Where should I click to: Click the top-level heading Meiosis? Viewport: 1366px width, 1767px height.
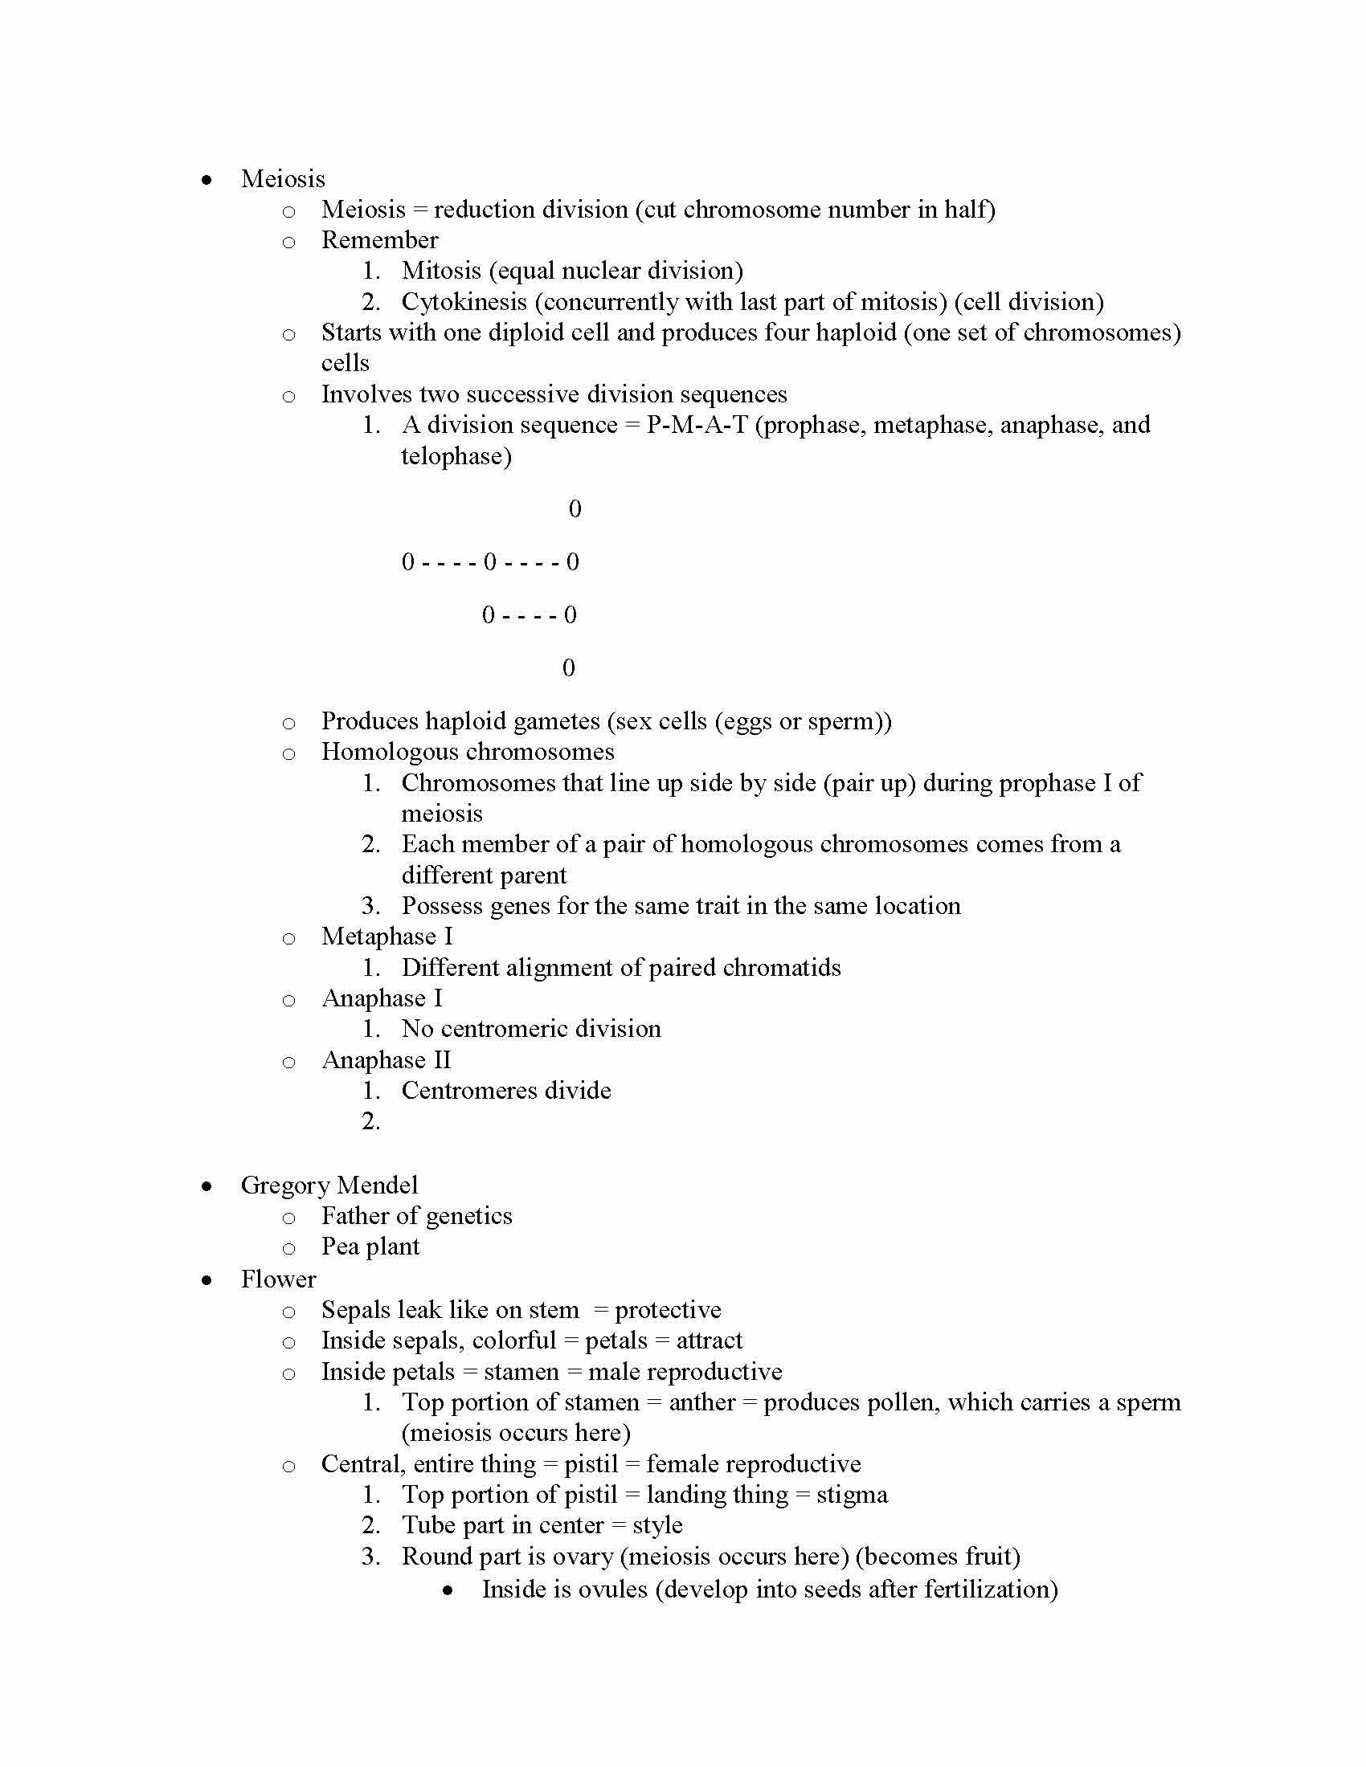pos(282,179)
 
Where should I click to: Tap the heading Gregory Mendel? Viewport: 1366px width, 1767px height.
pos(329,1185)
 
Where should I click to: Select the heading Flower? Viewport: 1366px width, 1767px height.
pos(277,1279)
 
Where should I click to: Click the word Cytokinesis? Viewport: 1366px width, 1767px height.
pos(464,302)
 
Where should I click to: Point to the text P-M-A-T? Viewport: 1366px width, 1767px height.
pos(696,425)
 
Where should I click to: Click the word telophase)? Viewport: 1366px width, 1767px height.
pos(456,456)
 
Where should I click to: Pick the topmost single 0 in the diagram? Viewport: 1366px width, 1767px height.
pos(575,509)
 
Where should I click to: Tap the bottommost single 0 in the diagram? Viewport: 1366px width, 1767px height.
pos(568,667)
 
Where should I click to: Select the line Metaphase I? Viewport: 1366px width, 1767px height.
pos(386,936)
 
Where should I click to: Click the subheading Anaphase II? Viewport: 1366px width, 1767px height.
pos(386,1060)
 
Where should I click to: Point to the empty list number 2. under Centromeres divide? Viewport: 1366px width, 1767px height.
pos(370,1121)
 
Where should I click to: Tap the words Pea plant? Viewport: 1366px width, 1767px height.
pos(370,1247)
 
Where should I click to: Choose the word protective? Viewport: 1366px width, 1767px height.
pos(668,1310)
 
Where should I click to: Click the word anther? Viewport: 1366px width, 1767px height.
pos(701,1402)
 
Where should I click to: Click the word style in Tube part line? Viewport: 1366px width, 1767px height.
pos(657,1525)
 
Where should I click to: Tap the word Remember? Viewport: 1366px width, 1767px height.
pos(379,240)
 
